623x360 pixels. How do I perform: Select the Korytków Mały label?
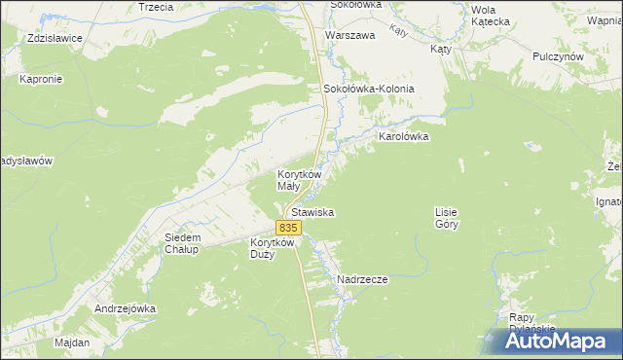point(296,179)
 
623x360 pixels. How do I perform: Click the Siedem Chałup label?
point(182,243)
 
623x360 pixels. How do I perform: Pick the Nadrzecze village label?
point(362,279)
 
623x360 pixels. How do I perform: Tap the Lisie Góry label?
point(446,217)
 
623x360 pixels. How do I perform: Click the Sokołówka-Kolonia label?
point(369,89)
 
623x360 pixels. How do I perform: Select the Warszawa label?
point(350,35)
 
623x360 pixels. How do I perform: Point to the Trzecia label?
point(156,7)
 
